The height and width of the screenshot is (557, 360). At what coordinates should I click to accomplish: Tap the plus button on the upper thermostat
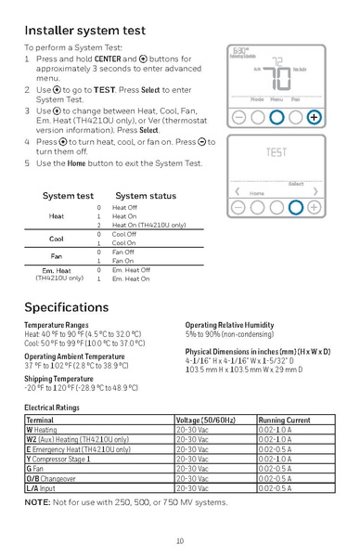[x=315, y=118]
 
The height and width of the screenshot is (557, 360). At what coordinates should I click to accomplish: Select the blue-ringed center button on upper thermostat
[x=276, y=118]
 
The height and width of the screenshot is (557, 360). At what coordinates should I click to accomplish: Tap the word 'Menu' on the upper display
[x=276, y=98]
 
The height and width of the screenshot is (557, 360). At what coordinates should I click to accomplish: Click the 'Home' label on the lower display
[x=257, y=193]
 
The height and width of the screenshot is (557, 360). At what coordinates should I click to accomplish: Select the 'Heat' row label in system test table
[x=57, y=216]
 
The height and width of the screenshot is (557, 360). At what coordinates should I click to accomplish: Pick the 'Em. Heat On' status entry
[x=131, y=278]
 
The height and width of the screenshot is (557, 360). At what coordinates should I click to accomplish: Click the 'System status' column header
[x=146, y=197]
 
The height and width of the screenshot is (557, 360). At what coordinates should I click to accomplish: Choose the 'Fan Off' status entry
[x=124, y=253]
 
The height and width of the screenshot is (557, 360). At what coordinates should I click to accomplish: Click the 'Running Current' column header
[x=285, y=421]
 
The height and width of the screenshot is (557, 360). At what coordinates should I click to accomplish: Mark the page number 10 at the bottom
[x=179, y=540]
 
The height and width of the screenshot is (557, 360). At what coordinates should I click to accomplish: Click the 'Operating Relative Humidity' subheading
[x=229, y=325]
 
